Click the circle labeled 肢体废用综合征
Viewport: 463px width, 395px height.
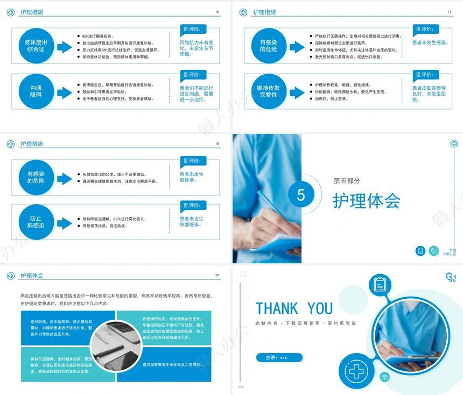point(36,46)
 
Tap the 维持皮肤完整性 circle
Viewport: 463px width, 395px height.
point(268,91)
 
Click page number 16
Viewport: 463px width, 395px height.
point(217,12)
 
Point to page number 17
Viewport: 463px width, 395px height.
point(450,12)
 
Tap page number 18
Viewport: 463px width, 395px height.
point(217,143)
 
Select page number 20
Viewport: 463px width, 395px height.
point(217,275)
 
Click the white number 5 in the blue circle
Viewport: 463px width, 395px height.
point(301,196)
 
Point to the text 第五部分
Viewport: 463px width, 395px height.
point(347,181)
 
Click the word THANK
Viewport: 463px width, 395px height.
point(278,308)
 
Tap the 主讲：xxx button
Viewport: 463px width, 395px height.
point(279,357)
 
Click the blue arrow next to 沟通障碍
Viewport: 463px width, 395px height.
point(64,91)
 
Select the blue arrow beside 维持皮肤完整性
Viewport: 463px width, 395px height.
point(297,91)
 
